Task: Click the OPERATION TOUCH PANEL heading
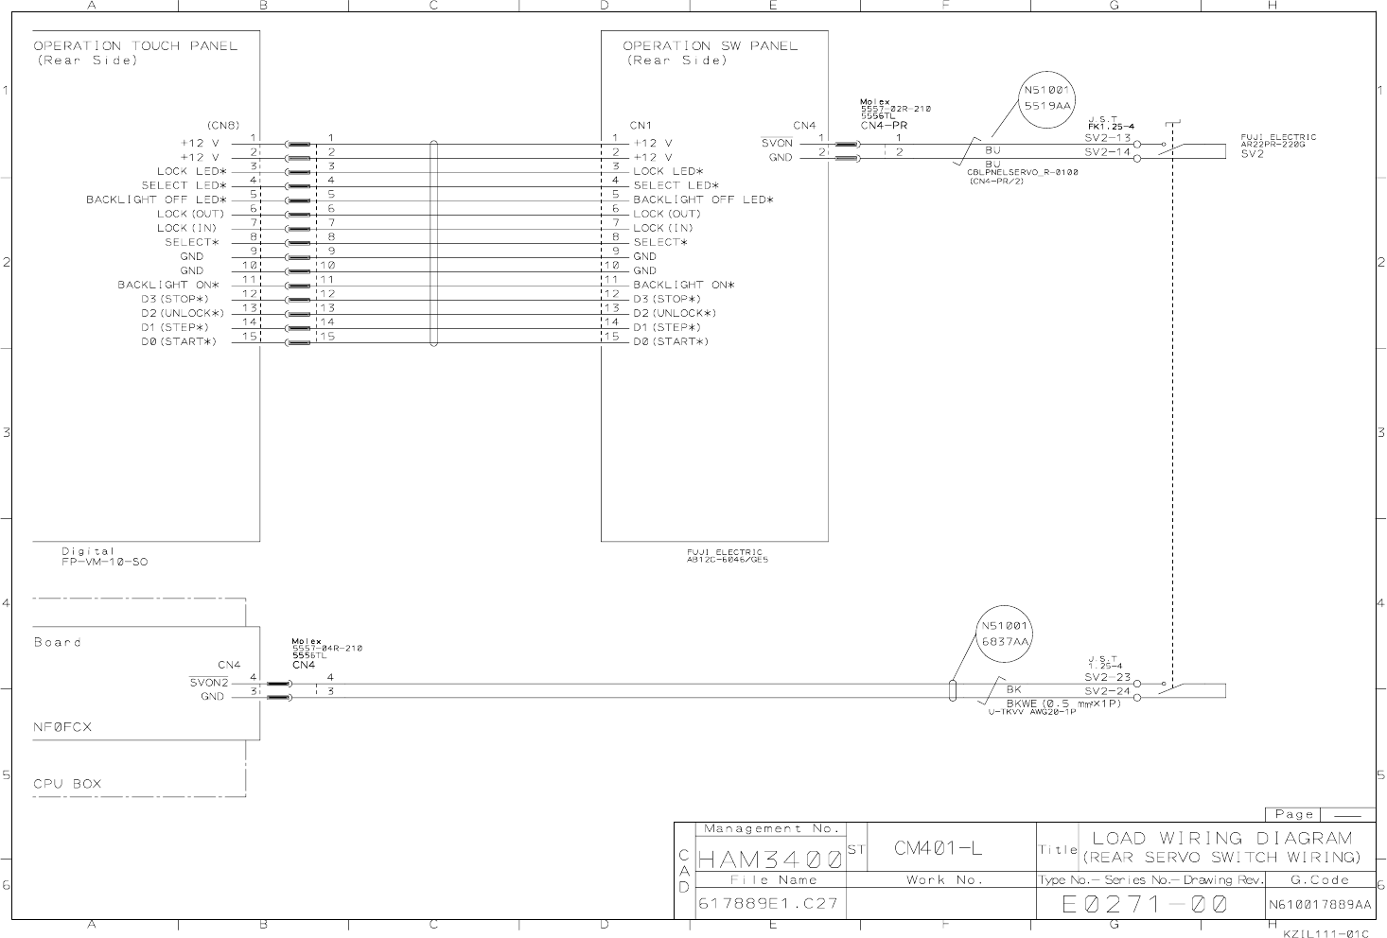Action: pyautogui.click(x=135, y=45)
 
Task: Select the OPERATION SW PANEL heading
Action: pyautogui.click(x=710, y=45)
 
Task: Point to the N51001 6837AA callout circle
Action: pyautogui.click(x=1005, y=634)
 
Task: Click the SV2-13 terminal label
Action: pyautogui.click(x=1107, y=138)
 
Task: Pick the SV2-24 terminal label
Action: pyautogui.click(x=1107, y=691)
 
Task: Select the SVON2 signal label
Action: pyautogui.click(x=209, y=683)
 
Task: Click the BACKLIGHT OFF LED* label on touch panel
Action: pyautogui.click(x=156, y=200)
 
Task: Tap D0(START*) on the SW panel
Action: pyautogui.click(x=671, y=341)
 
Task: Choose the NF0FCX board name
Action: pyautogui.click(x=62, y=727)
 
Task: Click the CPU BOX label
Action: pyautogui.click(x=67, y=784)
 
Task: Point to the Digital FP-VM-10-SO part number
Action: pyautogui.click(x=104, y=557)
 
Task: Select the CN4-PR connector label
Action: pyautogui.click(x=884, y=125)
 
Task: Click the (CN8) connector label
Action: pyautogui.click(x=223, y=125)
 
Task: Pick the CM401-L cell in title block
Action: pyautogui.click(x=938, y=848)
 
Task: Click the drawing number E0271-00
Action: pyautogui.click(x=1144, y=905)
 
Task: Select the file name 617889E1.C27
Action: pyautogui.click(x=767, y=904)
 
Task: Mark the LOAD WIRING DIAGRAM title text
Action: pyautogui.click(x=1222, y=838)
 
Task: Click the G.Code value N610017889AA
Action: pyautogui.click(x=1319, y=905)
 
